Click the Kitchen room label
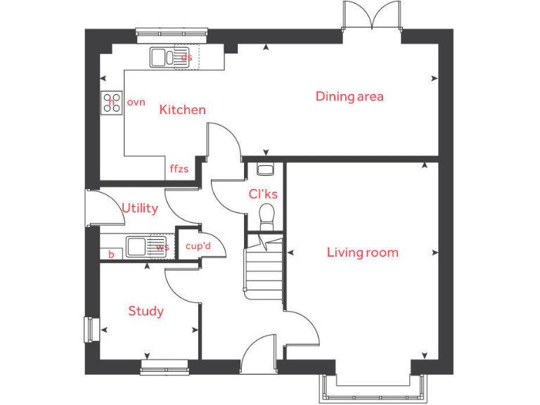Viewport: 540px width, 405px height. (x=182, y=110)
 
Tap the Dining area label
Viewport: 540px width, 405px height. (x=349, y=96)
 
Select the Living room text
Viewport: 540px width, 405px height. (x=362, y=252)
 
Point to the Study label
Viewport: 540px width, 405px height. (x=146, y=311)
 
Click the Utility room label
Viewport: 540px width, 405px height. (x=140, y=209)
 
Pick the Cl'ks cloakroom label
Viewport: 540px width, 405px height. (x=263, y=194)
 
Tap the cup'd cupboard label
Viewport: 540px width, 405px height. (x=198, y=247)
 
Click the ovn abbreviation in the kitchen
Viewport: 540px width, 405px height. (x=136, y=103)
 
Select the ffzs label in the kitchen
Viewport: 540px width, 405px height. (x=179, y=169)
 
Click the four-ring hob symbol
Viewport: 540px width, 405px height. (x=110, y=103)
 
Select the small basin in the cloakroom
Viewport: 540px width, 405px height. (x=264, y=169)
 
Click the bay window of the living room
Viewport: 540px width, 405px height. (x=373, y=385)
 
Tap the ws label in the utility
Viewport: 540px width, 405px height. (x=162, y=247)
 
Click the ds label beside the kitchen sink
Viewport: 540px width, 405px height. (x=186, y=57)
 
